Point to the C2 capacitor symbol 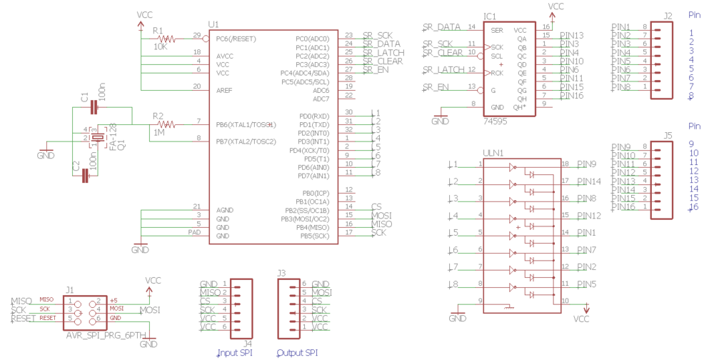85,176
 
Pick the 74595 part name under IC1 496,122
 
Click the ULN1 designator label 493,152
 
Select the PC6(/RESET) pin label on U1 236,39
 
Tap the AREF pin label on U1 224,90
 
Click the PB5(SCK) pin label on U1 315,236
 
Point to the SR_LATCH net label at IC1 441,69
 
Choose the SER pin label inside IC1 497,30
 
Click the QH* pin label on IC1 519,107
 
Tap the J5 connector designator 667,134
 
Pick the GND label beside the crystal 46,155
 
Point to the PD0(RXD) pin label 315,116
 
